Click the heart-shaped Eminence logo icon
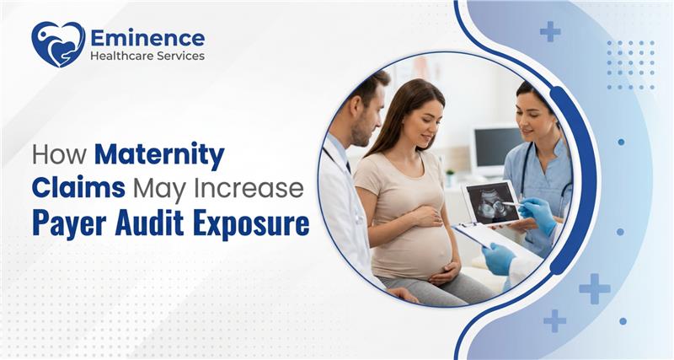(57, 44)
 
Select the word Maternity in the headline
(159, 156)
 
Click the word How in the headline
(59, 156)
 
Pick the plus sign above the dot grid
(550, 31)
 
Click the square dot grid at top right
(630, 64)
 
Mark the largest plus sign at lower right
(594, 288)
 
